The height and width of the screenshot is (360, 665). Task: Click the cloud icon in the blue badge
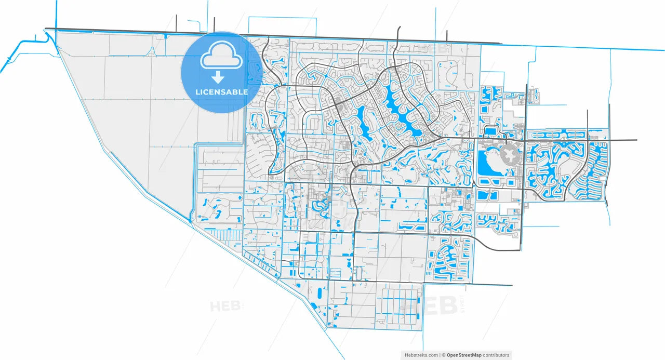[x=221, y=56]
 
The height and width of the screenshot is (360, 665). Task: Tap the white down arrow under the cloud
[x=218, y=78]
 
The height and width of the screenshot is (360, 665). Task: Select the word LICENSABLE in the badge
[x=221, y=92]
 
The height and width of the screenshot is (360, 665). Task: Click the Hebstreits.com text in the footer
[x=421, y=355]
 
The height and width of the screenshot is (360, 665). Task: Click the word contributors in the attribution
[x=496, y=355]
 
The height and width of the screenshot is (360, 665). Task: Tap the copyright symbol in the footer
[x=443, y=355]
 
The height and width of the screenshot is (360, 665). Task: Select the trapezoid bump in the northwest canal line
[x=151, y=51]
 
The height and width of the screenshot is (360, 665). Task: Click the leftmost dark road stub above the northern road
[x=177, y=23]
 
